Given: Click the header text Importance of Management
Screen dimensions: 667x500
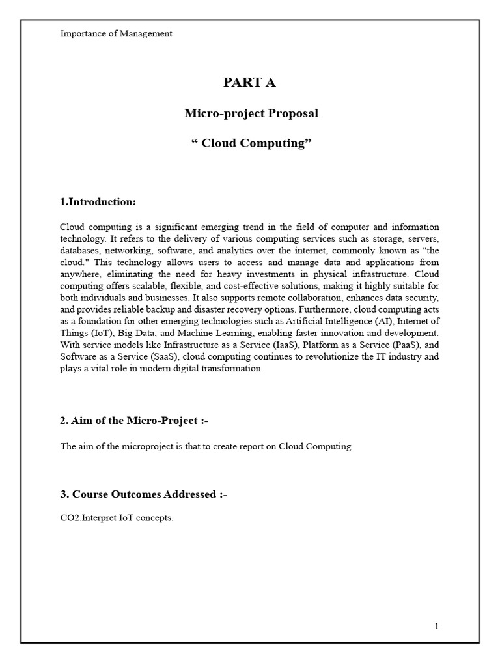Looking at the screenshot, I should pyautogui.click(x=116, y=34).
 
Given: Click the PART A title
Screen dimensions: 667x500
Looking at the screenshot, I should pyautogui.click(x=249, y=82).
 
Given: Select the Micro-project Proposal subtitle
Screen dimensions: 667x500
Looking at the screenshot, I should pyautogui.click(x=251, y=113).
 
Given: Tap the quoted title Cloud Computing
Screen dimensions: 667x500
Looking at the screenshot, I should pyautogui.click(x=251, y=144).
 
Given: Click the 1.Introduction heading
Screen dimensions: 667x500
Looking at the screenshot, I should pyautogui.click(x=98, y=202).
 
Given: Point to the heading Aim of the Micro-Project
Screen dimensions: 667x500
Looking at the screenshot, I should pyautogui.click(x=133, y=421).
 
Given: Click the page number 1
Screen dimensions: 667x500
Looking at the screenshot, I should pyautogui.click(x=437, y=627).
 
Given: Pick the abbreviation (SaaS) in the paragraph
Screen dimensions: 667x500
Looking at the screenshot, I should pyautogui.click(x=152, y=356).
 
